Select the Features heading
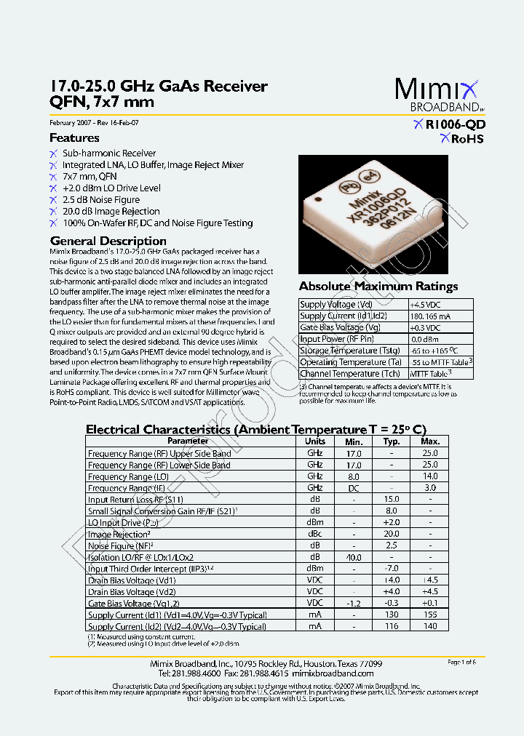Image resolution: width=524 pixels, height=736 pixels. pos(74,137)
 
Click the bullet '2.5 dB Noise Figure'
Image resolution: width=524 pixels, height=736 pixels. pos(100,199)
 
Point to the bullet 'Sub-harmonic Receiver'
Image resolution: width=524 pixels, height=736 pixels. pos(108,153)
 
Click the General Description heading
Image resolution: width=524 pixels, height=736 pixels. pos(108,241)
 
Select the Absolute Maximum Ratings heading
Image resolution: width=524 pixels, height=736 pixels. pos(378,286)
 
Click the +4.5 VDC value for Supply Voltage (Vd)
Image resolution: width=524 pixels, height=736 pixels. pos(425,305)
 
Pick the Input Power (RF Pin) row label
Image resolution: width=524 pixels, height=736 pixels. pos(336,339)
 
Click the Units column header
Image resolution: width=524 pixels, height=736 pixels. pos(314,441)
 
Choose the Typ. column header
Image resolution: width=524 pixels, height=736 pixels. pos(392,441)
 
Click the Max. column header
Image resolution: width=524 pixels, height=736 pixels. pos(430,441)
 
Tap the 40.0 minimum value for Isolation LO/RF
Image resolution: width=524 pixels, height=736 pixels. pos(354,557)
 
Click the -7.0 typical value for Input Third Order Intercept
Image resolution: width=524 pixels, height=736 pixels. pos(392,568)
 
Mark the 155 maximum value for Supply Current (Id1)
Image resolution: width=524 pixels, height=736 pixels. pos(430,615)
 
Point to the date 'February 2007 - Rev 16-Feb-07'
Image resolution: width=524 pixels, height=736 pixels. pos(94,123)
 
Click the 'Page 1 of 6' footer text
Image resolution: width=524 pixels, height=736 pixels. pos(461,662)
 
